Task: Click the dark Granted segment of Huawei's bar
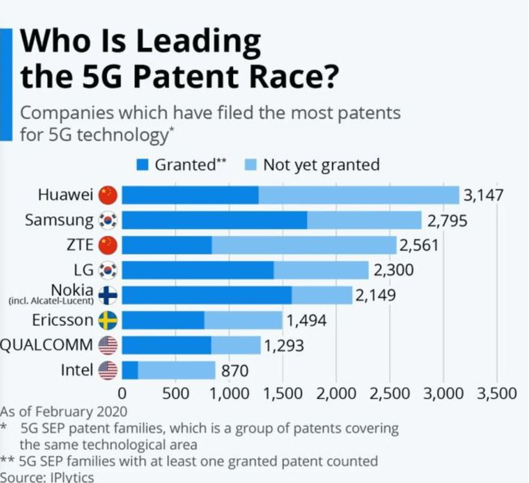pos(190,195)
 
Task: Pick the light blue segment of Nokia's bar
pos(321,295)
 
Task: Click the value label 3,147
pos(483,195)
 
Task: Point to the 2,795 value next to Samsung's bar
pos(447,221)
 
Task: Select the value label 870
pos(234,371)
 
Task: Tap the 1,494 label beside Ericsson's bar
pos(306,321)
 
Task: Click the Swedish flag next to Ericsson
pos(108,321)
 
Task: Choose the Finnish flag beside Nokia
pos(108,295)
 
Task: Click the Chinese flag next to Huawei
pos(108,195)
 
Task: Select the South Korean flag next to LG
pos(108,270)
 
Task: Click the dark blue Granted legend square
pos(142,165)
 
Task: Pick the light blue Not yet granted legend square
pos(251,165)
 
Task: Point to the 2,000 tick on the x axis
pos(335,393)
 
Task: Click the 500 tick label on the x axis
pos(176,393)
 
